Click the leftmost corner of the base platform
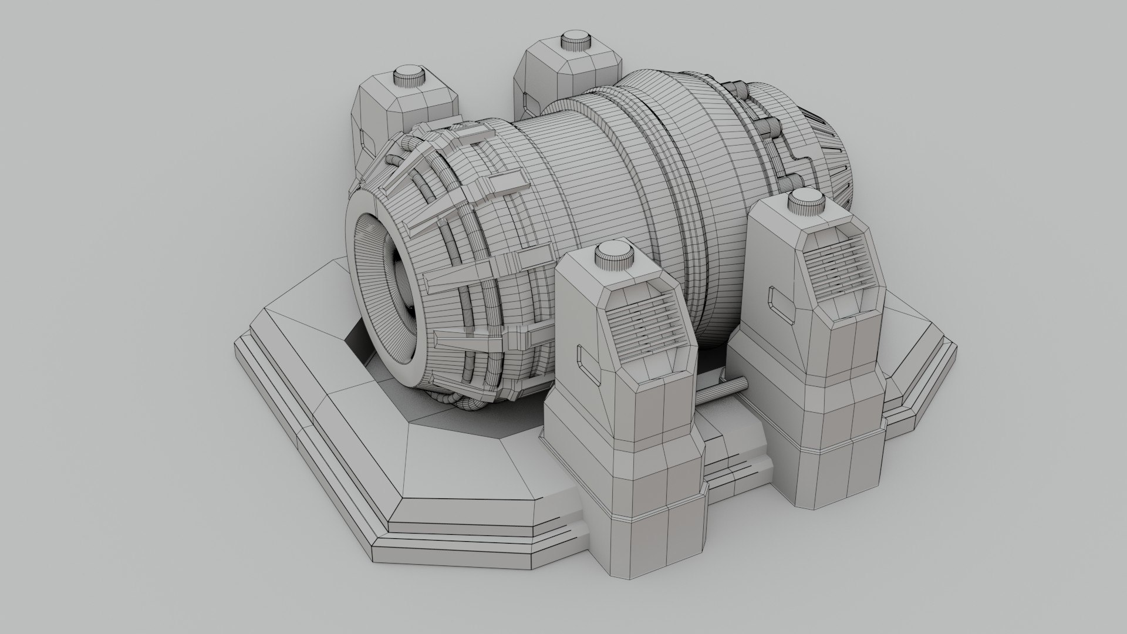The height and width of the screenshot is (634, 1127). (236, 346)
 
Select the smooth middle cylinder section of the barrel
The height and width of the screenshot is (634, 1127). (558, 176)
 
